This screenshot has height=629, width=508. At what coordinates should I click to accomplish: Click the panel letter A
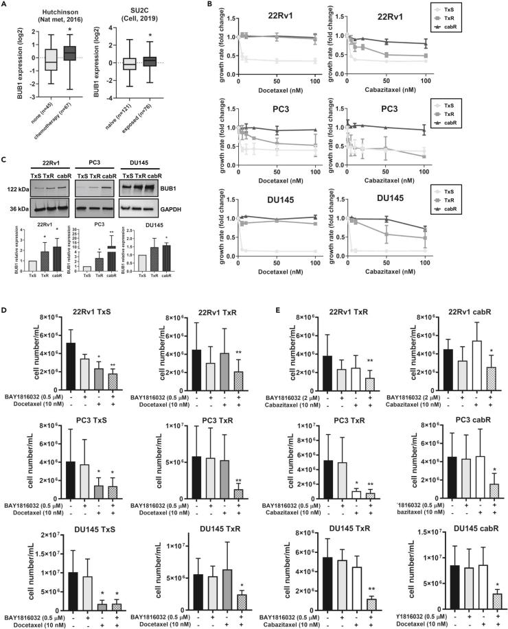tap(5, 5)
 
